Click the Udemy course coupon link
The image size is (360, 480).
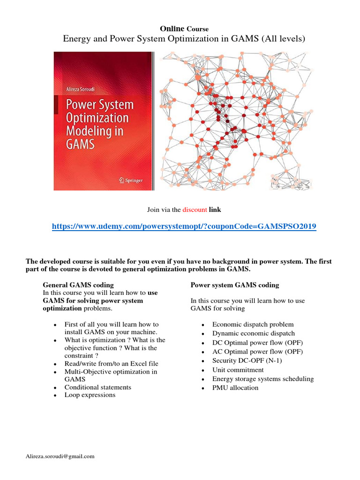[184, 226]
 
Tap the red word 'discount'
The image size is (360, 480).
[195, 210]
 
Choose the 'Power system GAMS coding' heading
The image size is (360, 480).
[234, 285]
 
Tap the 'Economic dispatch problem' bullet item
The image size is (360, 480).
[253, 324]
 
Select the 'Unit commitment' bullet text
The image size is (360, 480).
[238, 370]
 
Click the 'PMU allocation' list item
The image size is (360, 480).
[235, 388]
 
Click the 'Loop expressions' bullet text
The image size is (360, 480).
[90, 395]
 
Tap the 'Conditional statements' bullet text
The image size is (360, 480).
[97, 387]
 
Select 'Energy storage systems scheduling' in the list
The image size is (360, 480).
[262, 379]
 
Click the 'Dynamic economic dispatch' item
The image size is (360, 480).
[253, 333]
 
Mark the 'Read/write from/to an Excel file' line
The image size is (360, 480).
[111, 363]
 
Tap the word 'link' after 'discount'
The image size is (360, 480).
[215, 210]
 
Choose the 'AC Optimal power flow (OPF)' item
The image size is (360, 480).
[257, 352]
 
